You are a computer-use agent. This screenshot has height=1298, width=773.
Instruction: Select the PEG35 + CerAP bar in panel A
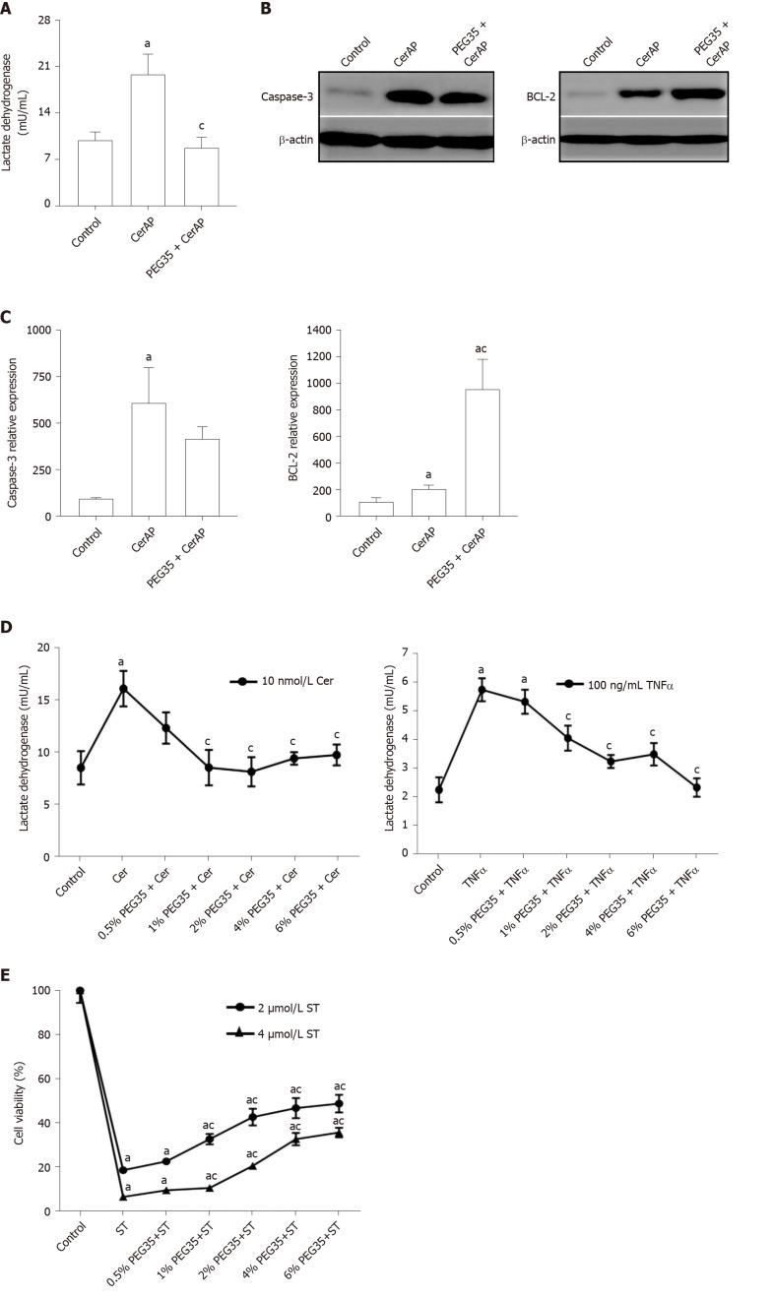click(x=201, y=176)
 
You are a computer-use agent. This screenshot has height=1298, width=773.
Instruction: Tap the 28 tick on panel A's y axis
click(x=45, y=21)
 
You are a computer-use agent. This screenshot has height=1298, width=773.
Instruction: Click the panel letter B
click(x=265, y=8)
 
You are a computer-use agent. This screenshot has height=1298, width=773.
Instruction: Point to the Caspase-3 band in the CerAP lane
click(x=404, y=96)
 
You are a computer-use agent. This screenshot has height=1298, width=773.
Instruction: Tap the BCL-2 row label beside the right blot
click(x=538, y=96)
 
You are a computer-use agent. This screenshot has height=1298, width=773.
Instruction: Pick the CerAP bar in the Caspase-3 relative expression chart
click(x=148, y=459)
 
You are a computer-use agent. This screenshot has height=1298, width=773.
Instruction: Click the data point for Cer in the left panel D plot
click(x=123, y=689)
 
